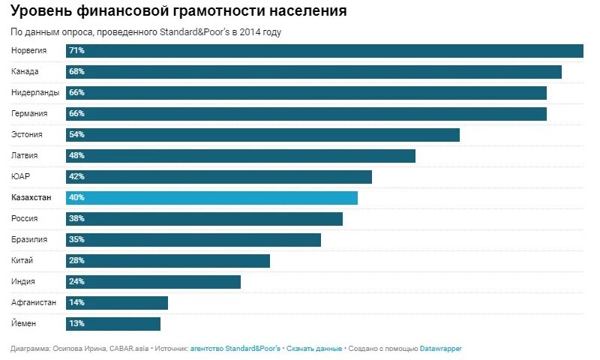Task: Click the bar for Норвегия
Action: point(325,51)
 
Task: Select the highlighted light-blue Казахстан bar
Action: point(211,198)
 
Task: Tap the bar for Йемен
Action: point(113,324)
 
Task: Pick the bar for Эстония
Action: point(262,135)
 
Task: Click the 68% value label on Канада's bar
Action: point(76,72)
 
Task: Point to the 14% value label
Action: point(76,303)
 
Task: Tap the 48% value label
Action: point(76,156)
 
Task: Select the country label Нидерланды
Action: point(35,93)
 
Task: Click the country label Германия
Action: point(30,114)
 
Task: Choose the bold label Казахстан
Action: point(32,198)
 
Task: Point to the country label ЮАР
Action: point(20,177)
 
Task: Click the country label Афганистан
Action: point(34,303)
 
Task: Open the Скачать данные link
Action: point(314,349)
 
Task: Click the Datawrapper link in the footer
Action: point(439,349)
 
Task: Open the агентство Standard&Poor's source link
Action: point(235,349)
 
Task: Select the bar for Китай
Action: point(168,261)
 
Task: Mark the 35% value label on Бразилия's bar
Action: point(76,240)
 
